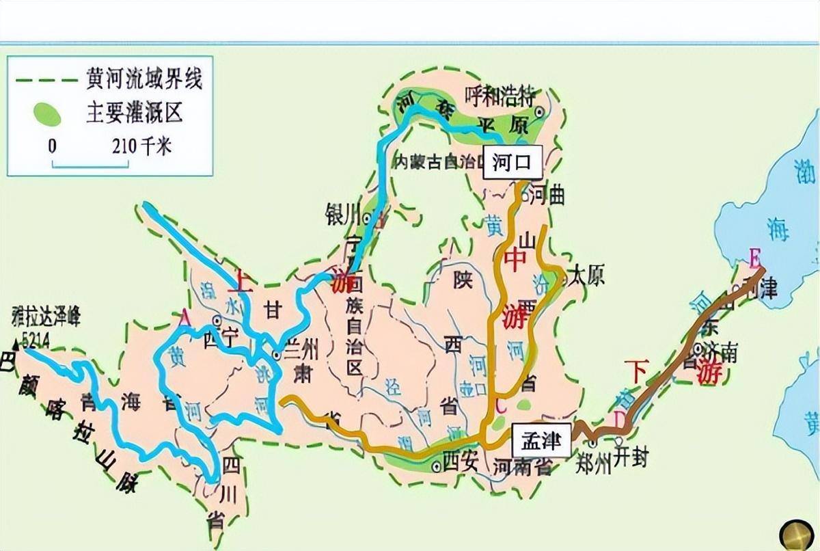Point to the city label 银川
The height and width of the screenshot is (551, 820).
click(343, 215)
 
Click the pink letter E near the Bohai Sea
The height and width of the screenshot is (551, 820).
click(754, 258)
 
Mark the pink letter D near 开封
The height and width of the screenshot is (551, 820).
click(619, 418)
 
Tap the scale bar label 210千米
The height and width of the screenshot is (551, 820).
click(141, 146)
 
